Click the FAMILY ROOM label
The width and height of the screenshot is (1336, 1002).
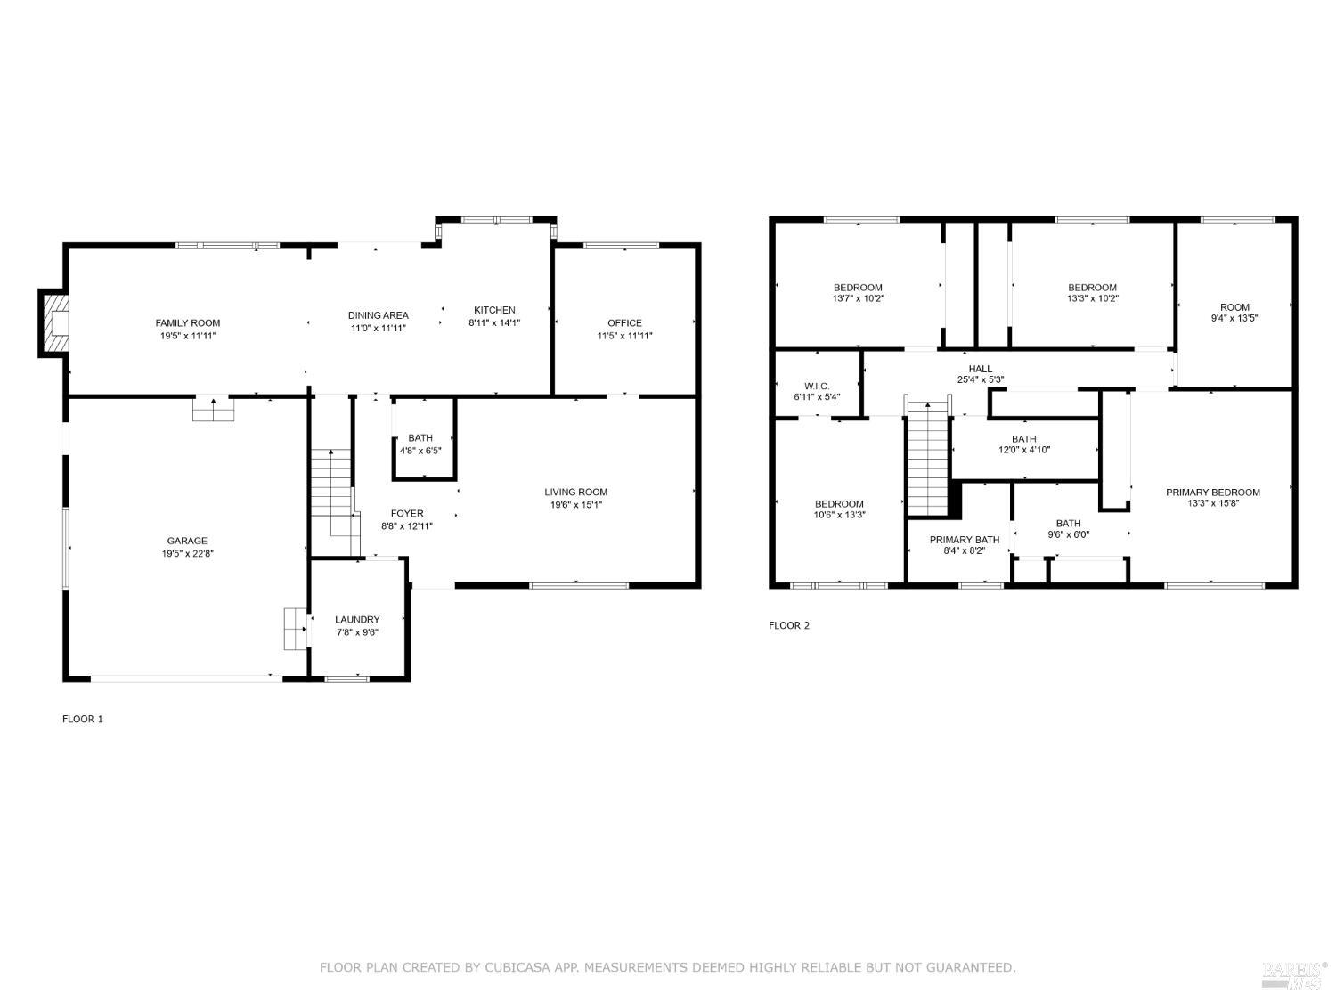tap(187, 323)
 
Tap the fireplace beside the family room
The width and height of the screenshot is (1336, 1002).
tap(54, 323)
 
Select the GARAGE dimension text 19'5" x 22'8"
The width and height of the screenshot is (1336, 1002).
tap(187, 554)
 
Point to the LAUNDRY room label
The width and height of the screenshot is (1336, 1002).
tap(357, 619)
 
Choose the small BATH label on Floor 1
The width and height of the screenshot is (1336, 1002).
tap(420, 438)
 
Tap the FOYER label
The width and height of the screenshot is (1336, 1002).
tap(407, 514)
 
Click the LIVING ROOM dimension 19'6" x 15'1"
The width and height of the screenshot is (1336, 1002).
tap(575, 505)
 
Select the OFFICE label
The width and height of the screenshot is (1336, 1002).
tap(624, 323)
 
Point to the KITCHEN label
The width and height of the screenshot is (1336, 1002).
tap(495, 310)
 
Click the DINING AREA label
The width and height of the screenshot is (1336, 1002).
tap(378, 315)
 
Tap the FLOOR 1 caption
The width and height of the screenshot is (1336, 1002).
tap(83, 719)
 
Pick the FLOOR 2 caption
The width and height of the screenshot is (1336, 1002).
tap(789, 625)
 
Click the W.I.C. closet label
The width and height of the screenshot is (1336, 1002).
tap(817, 387)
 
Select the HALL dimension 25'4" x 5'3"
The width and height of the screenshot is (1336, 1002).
tap(981, 379)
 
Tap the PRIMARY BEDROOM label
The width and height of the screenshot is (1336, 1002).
tap(1213, 493)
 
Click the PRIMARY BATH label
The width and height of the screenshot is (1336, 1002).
tap(965, 540)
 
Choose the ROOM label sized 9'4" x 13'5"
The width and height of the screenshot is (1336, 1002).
tap(1234, 307)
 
